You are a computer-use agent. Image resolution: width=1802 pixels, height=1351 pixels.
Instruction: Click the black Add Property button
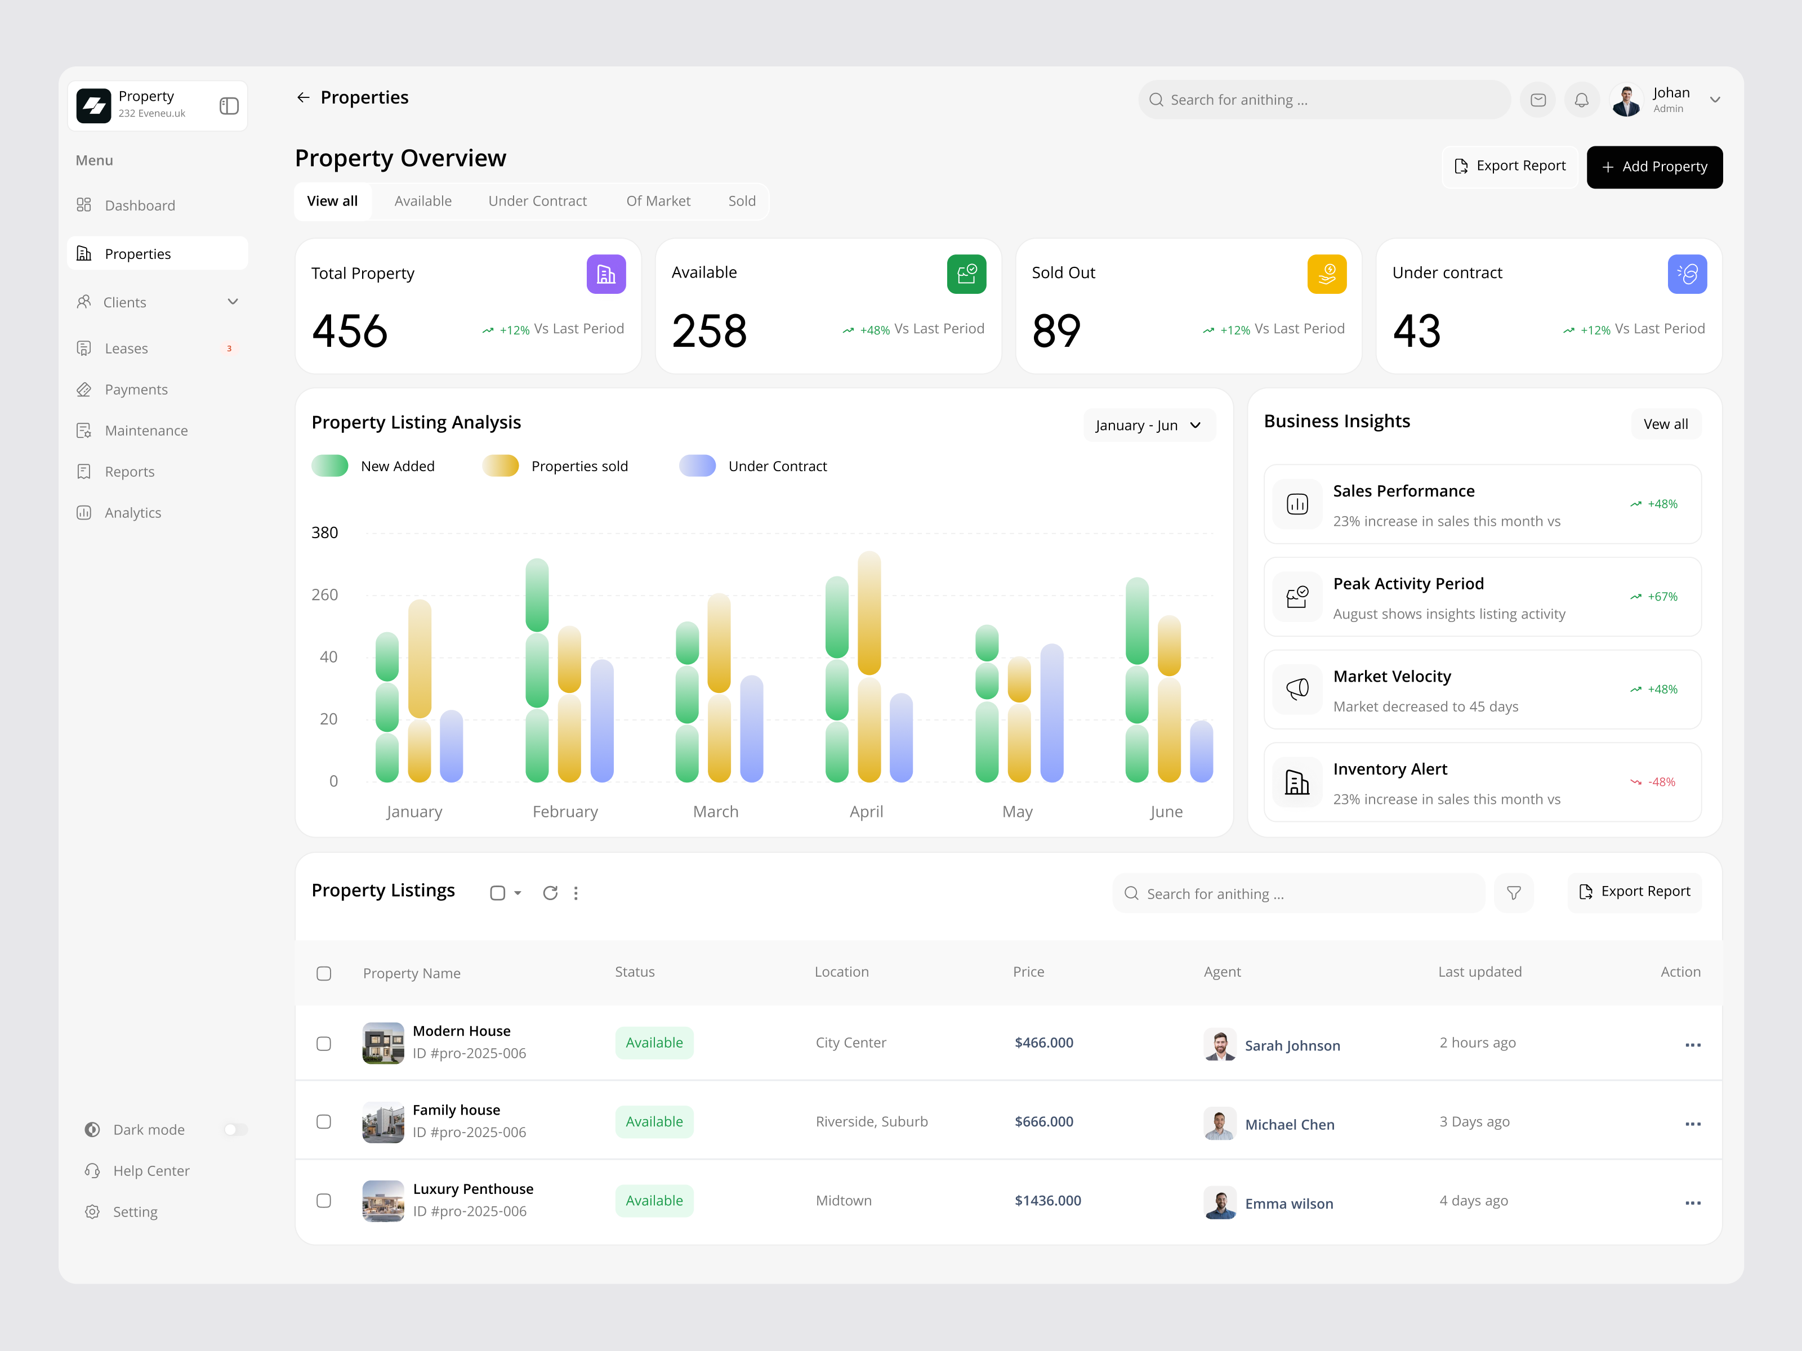coord(1654,167)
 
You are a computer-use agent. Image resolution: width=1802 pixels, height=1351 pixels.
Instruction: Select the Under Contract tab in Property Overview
coord(537,201)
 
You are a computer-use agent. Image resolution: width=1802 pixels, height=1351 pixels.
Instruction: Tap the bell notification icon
coord(1581,100)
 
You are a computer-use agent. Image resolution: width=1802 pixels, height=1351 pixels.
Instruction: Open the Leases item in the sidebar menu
coord(126,348)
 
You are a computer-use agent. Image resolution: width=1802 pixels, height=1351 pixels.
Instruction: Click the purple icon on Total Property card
coord(605,275)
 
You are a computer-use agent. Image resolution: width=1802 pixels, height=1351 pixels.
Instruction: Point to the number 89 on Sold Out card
coord(1056,332)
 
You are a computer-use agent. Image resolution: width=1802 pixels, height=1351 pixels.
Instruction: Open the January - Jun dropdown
coord(1148,425)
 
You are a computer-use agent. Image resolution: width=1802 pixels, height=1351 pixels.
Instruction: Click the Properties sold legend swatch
coord(500,466)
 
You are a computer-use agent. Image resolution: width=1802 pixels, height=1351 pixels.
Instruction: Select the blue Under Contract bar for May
coord(1052,713)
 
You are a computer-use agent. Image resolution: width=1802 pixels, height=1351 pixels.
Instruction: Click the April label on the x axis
coord(866,812)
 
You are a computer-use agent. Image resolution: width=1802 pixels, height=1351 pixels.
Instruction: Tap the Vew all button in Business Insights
coord(1665,424)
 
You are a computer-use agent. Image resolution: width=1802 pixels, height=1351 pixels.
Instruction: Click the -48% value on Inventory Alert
coord(1661,782)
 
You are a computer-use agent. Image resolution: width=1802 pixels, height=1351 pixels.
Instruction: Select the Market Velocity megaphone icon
coord(1297,690)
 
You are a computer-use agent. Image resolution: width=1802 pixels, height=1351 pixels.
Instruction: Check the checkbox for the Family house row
coord(323,1121)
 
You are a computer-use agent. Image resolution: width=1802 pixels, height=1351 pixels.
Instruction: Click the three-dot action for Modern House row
coord(1692,1045)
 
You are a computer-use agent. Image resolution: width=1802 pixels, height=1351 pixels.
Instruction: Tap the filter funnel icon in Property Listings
coord(1513,893)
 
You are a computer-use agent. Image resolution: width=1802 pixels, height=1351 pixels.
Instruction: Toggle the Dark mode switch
coord(235,1130)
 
